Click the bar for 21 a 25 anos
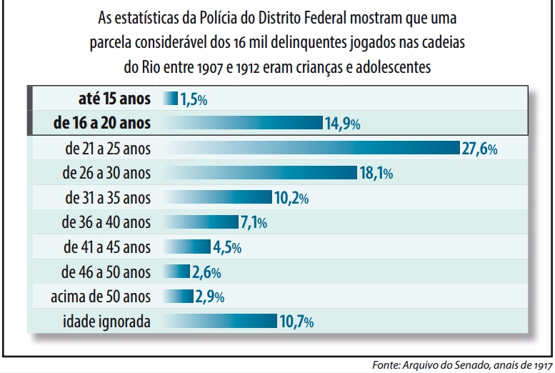[x=311, y=148]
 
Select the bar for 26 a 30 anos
[x=260, y=173]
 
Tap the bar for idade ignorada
[x=220, y=321]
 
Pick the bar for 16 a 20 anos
[x=243, y=123]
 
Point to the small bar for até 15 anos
[x=170, y=99]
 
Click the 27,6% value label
[x=479, y=149]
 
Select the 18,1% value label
[x=376, y=173]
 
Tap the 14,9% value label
[x=342, y=124]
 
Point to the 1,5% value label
[x=193, y=99]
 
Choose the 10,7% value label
[x=296, y=322]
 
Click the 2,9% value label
[x=210, y=297]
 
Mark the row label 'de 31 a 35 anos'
[x=108, y=197]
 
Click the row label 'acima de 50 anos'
[x=101, y=296]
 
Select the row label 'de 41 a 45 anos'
[x=107, y=247]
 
